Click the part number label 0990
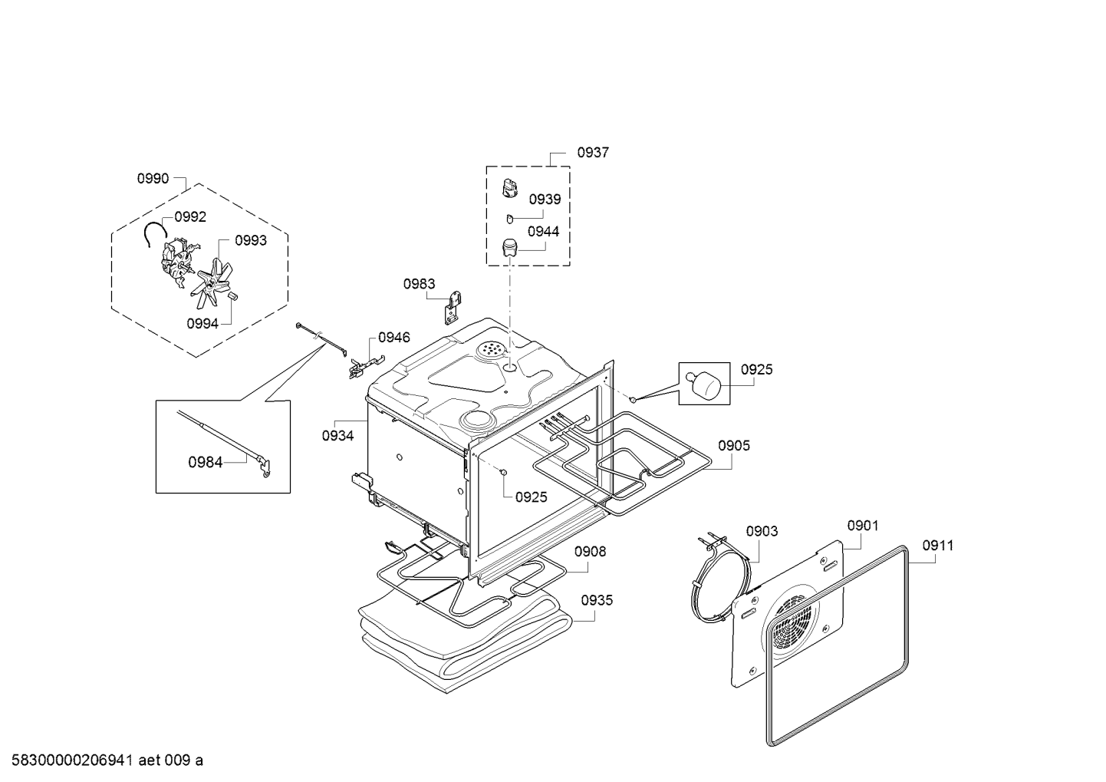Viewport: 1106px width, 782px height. [153, 179]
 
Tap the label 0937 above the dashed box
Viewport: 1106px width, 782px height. [593, 153]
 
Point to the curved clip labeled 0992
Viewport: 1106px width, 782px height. [156, 231]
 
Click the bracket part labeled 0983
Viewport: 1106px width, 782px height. [455, 307]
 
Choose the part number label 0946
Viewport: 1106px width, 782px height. [393, 338]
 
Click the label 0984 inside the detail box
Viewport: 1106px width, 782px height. [206, 462]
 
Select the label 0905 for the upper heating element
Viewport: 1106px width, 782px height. [734, 446]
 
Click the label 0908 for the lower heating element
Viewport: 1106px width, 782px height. [590, 551]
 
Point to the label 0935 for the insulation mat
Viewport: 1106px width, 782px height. [597, 600]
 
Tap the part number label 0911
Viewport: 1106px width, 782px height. [938, 546]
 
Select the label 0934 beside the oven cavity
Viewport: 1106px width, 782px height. [337, 436]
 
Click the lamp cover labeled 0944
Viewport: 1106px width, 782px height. [510, 248]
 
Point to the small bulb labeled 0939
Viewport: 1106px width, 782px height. [509, 220]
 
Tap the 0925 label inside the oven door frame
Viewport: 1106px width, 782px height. [532, 497]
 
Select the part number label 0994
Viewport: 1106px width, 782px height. [202, 323]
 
